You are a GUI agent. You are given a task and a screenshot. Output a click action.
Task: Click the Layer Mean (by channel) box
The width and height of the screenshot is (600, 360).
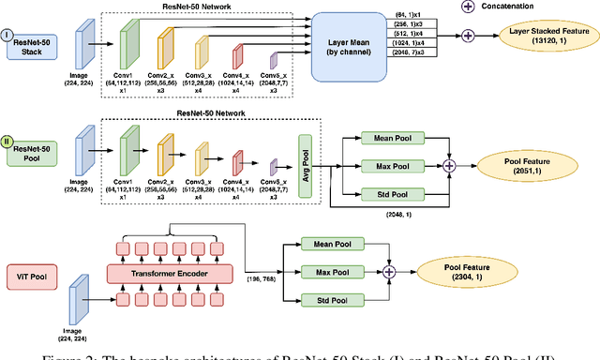(x=343, y=46)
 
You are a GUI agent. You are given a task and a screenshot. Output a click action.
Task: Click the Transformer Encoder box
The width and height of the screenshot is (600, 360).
(x=169, y=274)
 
